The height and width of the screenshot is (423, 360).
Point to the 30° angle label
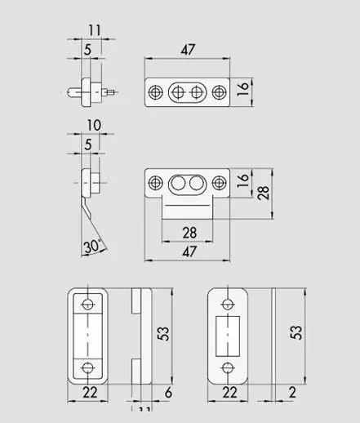click(92, 245)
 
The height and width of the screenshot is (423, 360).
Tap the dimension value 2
click(291, 393)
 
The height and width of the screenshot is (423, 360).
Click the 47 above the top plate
click(187, 51)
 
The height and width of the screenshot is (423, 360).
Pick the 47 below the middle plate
click(187, 252)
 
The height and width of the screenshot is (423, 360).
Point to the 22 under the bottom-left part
click(88, 394)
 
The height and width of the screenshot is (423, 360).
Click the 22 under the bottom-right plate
click(229, 394)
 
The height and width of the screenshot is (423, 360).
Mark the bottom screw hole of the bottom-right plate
click(229, 365)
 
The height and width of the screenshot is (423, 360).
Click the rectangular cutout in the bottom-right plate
click(229, 334)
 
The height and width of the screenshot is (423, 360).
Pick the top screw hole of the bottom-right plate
click(229, 303)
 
